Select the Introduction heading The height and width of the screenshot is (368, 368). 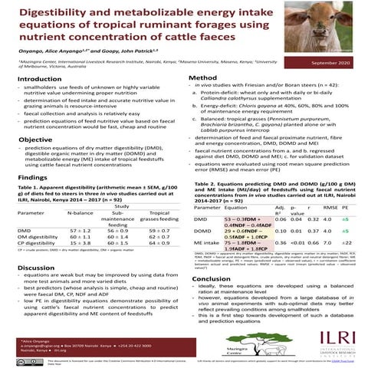(x=39, y=80)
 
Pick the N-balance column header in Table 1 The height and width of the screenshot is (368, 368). (x=80, y=212)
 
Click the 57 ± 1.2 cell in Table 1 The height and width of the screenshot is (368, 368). (x=80, y=229)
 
